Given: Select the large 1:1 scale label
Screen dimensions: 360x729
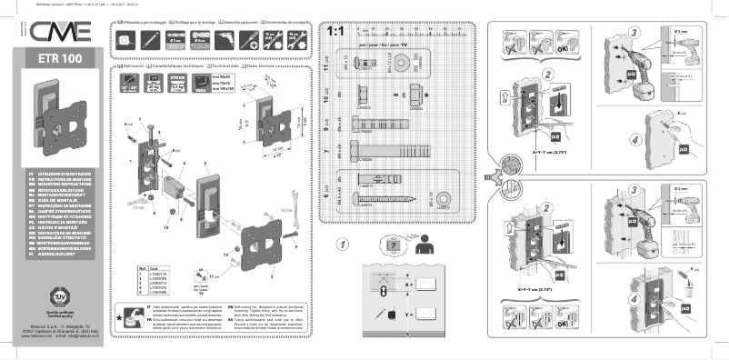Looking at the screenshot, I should click(x=335, y=30).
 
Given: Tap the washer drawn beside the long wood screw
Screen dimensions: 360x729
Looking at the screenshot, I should click(x=443, y=197).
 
